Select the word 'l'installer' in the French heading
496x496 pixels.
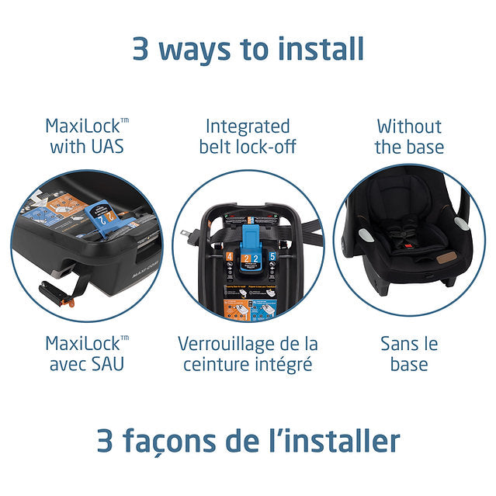click(x=338, y=440)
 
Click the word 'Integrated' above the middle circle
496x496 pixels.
click(x=248, y=126)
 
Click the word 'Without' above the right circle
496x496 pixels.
click(x=409, y=126)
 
